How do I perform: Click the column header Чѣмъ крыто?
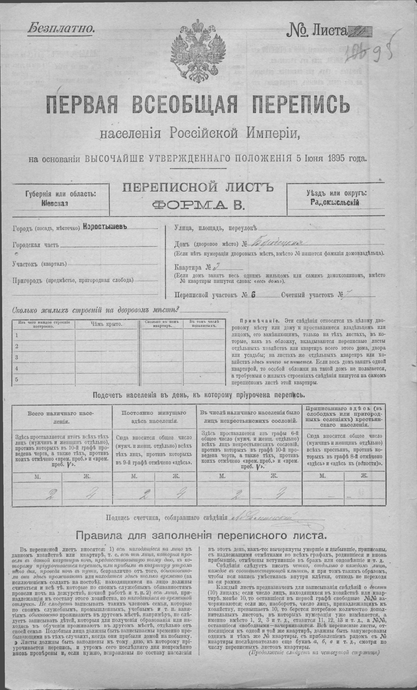(106, 324)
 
